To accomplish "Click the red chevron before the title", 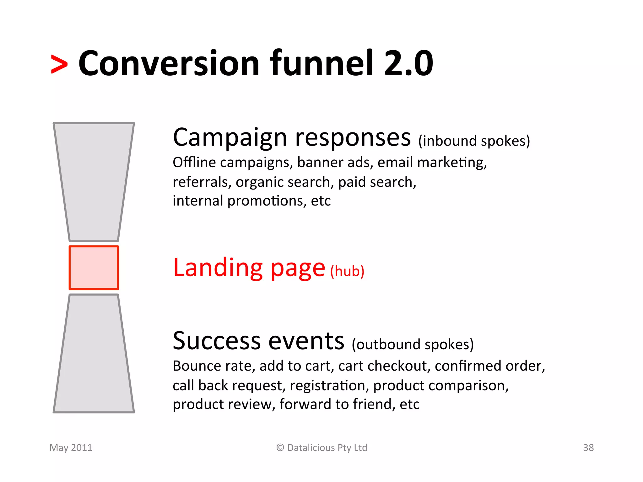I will (59, 64).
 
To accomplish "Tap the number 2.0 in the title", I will (408, 64).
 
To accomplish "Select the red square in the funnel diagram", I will (94, 268).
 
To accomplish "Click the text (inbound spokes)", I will (474, 141).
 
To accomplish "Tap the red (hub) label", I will (347, 271).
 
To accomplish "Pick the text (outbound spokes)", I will (413, 345).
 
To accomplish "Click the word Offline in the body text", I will (194, 163).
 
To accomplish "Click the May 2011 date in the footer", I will (71, 447).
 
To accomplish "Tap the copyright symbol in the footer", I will (280, 447).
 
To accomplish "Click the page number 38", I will (588, 447).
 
